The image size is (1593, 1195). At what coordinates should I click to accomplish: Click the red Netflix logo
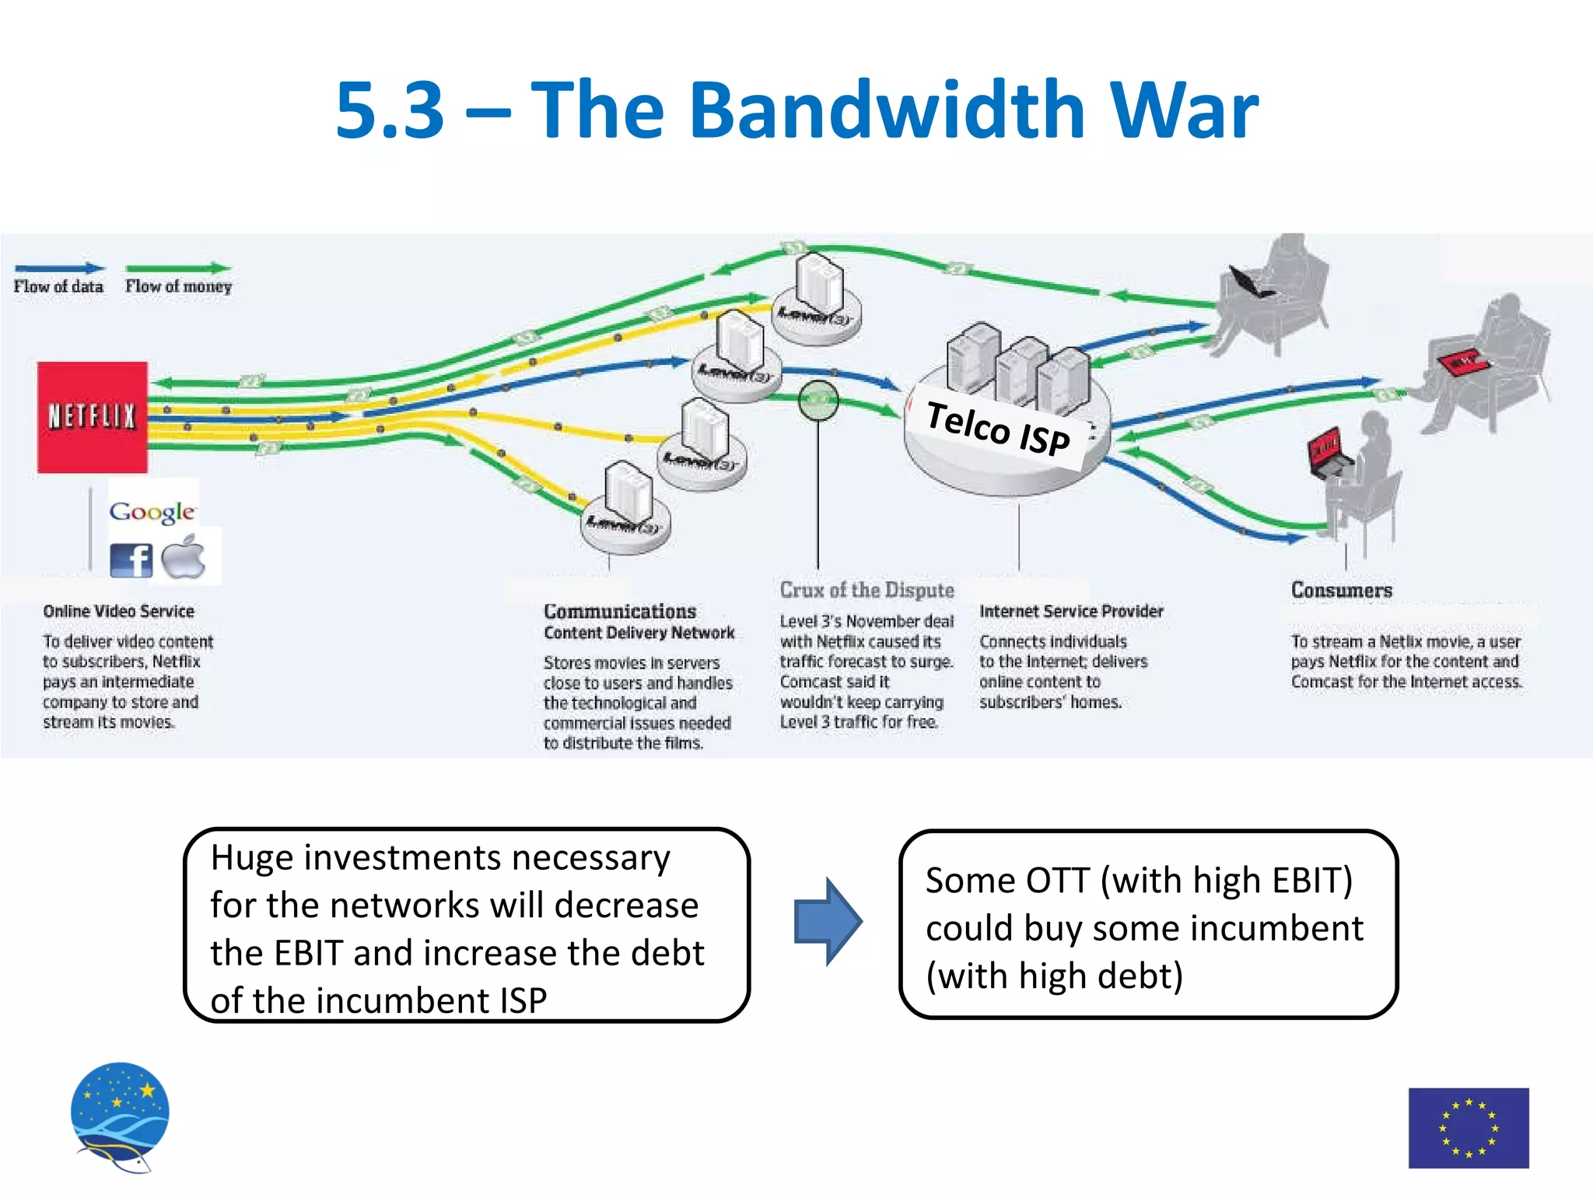[93, 417]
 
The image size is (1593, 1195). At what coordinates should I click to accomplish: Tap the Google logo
[152, 511]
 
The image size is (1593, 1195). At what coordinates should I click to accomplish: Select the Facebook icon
[131, 559]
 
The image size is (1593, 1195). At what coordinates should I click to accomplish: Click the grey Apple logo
[184, 557]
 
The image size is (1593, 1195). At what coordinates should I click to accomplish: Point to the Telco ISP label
[999, 429]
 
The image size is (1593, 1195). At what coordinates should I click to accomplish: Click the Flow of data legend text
[58, 286]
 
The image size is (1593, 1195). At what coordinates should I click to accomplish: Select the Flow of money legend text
[178, 286]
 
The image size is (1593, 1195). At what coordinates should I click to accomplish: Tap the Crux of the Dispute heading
[867, 590]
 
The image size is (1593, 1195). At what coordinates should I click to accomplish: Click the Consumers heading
[1342, 590]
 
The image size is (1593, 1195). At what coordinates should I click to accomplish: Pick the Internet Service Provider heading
[1071, 612]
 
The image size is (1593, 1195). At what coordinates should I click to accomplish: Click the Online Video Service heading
[118, 612]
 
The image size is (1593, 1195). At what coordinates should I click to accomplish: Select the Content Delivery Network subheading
[639, 633]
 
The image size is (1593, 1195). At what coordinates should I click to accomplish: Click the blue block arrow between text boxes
[827, 922]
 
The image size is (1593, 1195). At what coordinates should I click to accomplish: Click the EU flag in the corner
[1468, 1127]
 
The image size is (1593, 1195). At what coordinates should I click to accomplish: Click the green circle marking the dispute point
[818, 401]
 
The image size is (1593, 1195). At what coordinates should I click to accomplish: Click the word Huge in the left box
[252, 858]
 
